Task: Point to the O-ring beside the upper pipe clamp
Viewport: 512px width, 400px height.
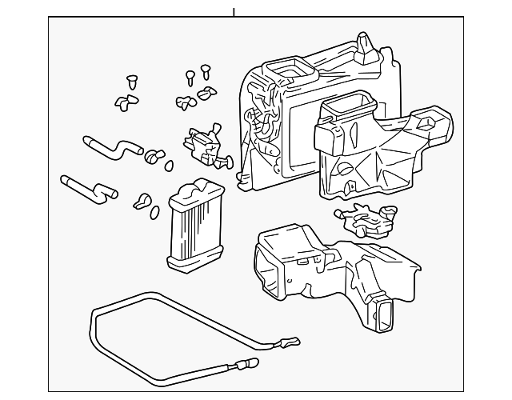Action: pyautogui.click(x=170, y=166)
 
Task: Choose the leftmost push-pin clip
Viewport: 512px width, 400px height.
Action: pyautogui.click(x=132, y=82)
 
